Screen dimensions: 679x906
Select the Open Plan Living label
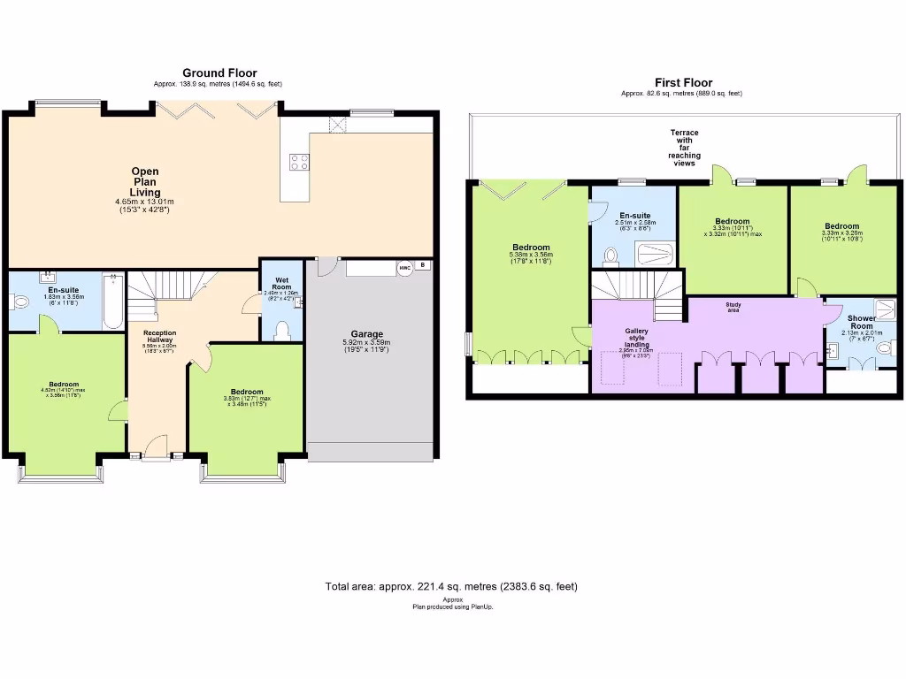[145, 181]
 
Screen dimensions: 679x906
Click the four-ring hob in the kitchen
[299, 161]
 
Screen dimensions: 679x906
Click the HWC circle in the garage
[404, 267]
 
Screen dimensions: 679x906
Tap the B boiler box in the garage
[423, 264]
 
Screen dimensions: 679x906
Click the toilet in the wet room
[282, 329]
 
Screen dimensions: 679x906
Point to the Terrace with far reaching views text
[683, 148]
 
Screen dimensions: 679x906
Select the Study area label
[733, 306]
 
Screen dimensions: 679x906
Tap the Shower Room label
[861, 323]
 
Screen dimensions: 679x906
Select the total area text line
[452, 586]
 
